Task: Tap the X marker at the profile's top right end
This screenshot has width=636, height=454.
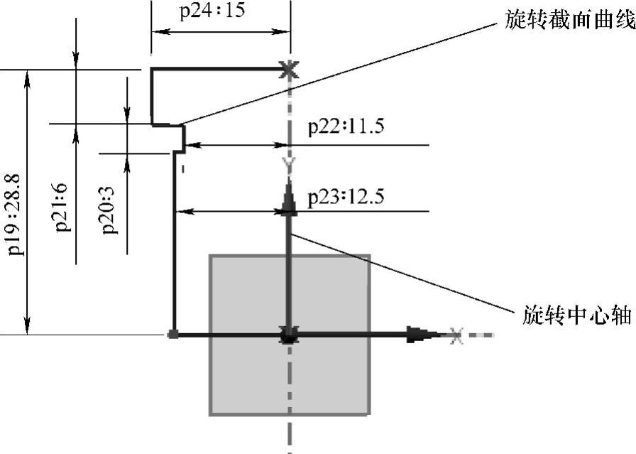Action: tap(287, 69)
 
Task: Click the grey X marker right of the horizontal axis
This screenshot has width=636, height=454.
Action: tap(456, 335)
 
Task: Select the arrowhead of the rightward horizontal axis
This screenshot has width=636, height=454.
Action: tap(422, 335)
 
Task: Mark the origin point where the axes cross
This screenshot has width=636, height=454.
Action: tap(288, 335)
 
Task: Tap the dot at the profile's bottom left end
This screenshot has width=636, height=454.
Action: tap(172, 334)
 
